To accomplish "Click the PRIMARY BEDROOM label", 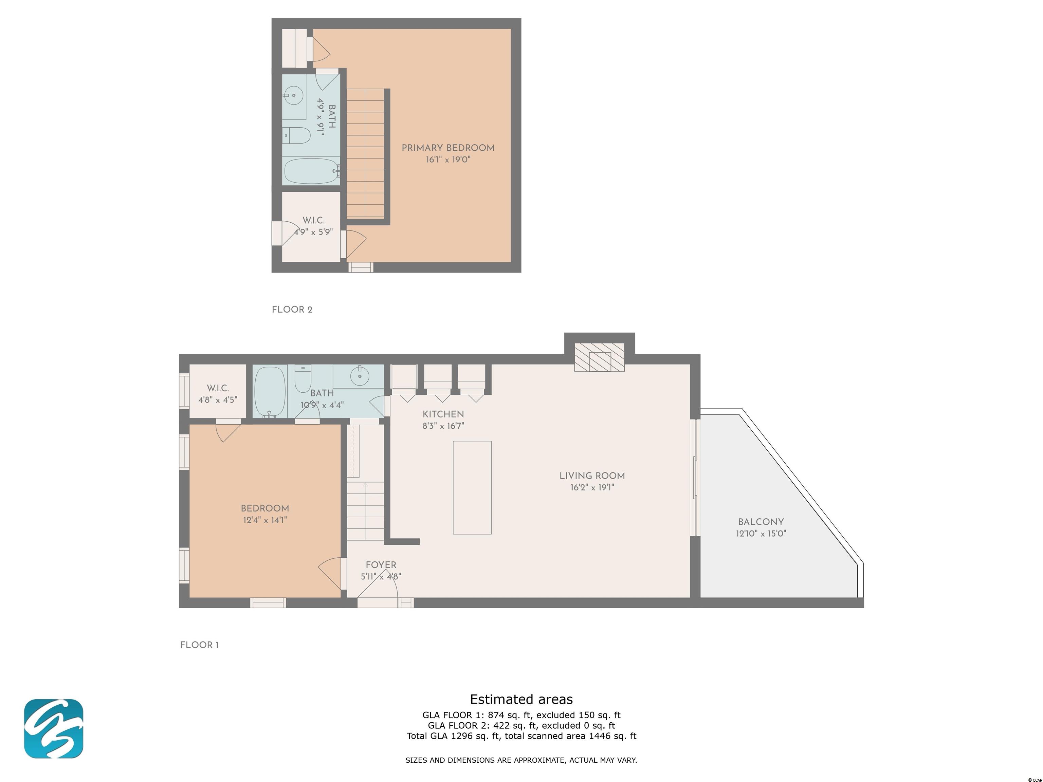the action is point(448,148).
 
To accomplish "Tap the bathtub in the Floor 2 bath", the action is point(312,171).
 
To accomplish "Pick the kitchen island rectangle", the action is point(472,487).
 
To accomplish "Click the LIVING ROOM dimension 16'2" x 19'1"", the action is point(592,487).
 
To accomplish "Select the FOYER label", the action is point(381,565).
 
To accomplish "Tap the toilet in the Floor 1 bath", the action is point(303,378).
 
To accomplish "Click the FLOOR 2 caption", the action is point(292,310).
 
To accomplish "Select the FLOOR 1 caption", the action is point(199,645).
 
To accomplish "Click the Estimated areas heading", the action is point(521,699).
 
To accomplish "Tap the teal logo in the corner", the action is point(54,729).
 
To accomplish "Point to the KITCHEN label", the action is point(443,414).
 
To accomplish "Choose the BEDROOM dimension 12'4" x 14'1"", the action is point(264,520).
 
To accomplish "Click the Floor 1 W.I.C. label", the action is point(218,388).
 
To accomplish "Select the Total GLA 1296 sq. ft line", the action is point(521,736).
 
